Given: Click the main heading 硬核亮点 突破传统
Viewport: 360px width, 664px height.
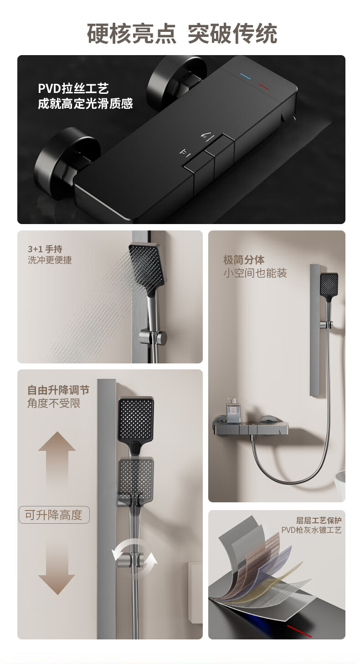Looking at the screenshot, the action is [182, 34].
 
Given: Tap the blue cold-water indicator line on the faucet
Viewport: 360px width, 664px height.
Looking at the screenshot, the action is [246, 77].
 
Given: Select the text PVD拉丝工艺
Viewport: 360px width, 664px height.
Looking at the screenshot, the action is [73, 88].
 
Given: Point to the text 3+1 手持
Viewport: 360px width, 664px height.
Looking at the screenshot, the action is [45, 249].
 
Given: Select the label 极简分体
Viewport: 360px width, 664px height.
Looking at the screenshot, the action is [244, 260].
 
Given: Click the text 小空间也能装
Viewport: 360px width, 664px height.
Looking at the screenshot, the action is [255, 273].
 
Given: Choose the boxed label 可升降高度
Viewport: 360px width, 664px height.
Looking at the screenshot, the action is [54, 515].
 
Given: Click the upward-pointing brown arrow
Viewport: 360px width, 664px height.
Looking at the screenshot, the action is [57, 460].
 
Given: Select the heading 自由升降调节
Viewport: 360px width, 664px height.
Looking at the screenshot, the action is [58, 390].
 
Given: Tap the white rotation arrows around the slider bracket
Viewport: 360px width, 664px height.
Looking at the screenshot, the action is [134, 554].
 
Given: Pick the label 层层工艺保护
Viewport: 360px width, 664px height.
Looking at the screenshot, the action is [319, 520].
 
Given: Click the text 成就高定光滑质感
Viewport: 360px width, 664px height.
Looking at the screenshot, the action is [85, 104].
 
